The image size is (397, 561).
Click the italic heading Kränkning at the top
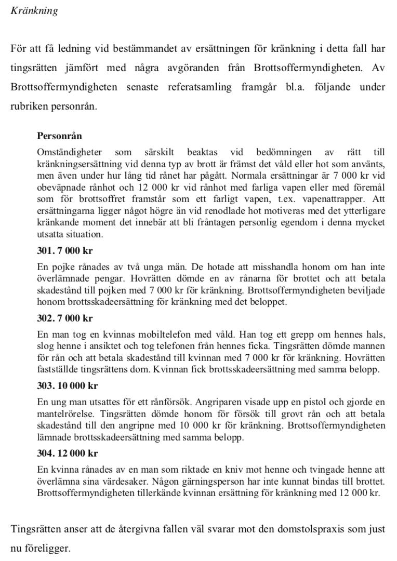(34, 11)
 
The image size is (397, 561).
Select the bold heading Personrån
(60, 137)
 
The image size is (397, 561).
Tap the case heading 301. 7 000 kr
(64, 250)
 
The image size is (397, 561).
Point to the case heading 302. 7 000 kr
(64, 318)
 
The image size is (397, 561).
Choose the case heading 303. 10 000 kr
(67, 386)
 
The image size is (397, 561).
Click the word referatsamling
(197, 87)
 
